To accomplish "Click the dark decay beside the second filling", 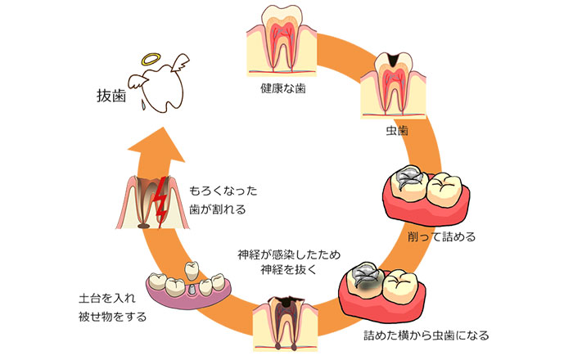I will [368, 285].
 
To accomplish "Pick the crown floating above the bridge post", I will [193, 268].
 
